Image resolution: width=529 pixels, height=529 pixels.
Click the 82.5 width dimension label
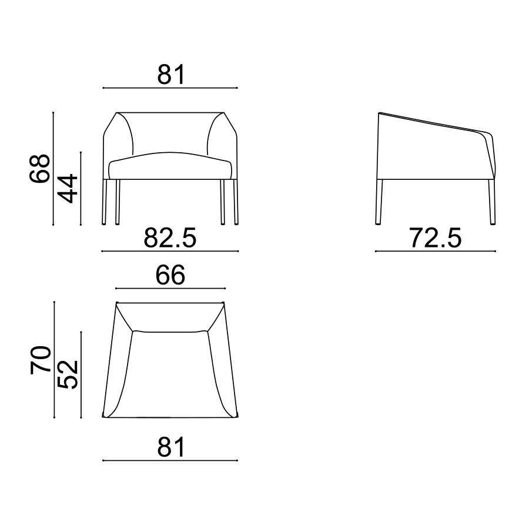click(x=170, y=238)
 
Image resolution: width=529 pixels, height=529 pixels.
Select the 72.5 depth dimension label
click(x=436, y=238)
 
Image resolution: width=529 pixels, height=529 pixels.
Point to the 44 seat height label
click(x=68, y=188)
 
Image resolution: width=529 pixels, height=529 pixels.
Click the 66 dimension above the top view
click(x=170, y=275)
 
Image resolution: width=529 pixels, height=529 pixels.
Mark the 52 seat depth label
click(x=68, y=374)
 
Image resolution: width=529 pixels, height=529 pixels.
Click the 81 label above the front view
click(x=171, y=75)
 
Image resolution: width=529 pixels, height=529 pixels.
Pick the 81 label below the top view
click(x=171, y=447)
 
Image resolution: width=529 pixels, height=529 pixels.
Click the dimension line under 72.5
click(x=435, y=251)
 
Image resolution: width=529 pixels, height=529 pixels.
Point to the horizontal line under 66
click(x=170, y=289)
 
